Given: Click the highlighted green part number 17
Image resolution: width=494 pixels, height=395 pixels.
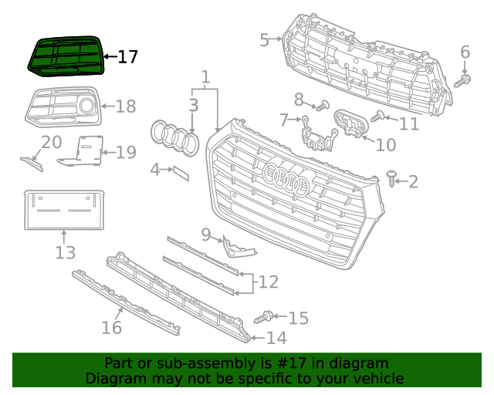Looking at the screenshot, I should [65, 57].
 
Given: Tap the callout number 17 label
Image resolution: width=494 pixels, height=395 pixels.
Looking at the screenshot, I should [127, 56].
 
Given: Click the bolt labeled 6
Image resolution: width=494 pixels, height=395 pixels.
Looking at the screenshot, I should [463, 79].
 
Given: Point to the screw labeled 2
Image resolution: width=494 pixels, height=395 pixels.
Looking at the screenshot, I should [393, 181].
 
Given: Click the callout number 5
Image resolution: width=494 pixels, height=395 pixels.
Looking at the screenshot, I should [264, 39].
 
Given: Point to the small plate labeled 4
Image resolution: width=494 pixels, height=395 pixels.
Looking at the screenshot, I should [180, 172].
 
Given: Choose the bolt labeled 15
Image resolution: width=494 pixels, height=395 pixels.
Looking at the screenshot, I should [262, 316].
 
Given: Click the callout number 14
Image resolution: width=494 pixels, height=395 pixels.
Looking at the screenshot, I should [276, 338].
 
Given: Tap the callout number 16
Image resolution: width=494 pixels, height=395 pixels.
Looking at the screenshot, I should [111, 328].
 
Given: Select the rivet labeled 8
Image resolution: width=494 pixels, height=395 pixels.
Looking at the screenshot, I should [322, 105].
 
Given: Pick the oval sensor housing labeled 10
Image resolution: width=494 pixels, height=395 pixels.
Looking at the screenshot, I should [350, 125].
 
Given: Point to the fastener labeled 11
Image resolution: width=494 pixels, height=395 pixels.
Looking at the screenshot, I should [378, 117].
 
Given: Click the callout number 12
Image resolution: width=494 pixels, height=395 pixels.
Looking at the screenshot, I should [268, 282].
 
